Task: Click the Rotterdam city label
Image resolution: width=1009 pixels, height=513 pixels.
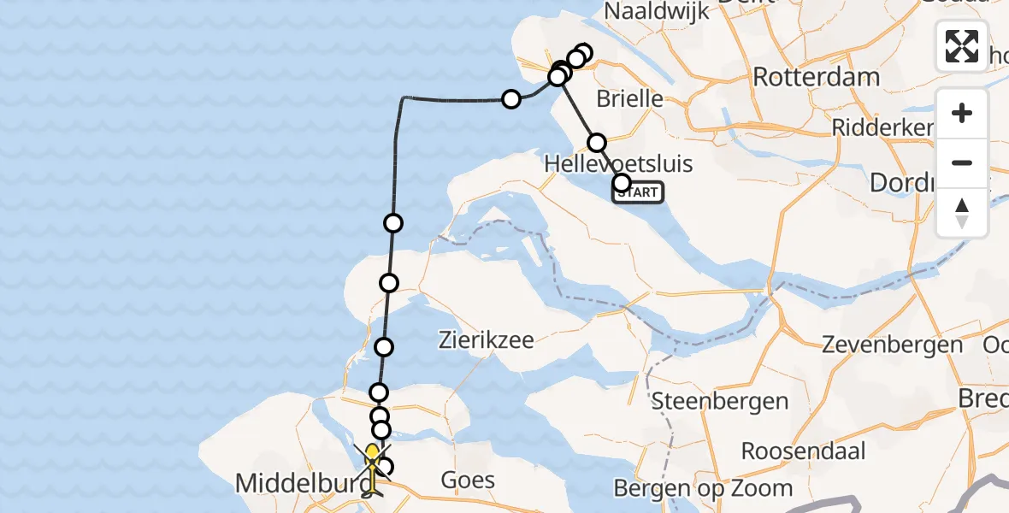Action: point(816,77)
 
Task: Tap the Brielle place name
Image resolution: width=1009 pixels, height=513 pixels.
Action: point(629,98)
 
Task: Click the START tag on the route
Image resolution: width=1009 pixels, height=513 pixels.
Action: point(638,193)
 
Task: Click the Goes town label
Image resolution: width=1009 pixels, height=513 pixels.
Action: point(468,480)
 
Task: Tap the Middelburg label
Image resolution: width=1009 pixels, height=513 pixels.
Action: point(295,484)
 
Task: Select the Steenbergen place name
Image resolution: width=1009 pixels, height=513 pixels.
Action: point(720,400)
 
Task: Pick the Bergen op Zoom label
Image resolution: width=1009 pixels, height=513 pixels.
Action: point(703,488)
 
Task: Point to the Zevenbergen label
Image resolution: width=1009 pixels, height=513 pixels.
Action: point(892,345)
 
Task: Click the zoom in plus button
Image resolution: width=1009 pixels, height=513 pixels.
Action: point(962,113)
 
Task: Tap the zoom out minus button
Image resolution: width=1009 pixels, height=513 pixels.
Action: point(962,162)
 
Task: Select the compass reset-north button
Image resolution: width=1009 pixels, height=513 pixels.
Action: point(962,212)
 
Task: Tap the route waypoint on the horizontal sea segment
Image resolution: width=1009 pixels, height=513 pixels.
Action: point(511,99)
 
